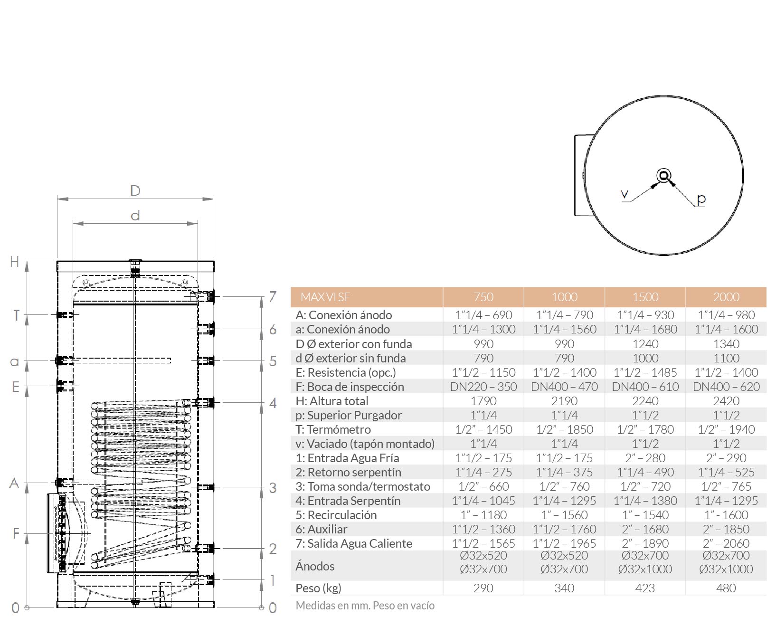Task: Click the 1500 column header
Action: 645,297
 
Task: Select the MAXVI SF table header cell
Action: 325,297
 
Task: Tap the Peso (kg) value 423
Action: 645,588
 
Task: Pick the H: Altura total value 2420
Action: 726,401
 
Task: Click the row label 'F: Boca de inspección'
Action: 350,387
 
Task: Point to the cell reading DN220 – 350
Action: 483,387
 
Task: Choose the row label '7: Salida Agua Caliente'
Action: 354,543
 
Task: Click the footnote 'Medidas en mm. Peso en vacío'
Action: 365,606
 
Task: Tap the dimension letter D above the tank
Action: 135,191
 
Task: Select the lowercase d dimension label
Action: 135,216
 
